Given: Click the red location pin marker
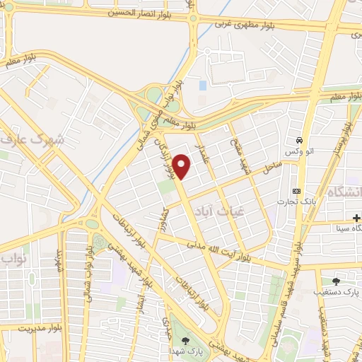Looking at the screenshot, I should click(x=183, y=166).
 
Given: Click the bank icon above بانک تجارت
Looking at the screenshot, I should click(x=296, y=192).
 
